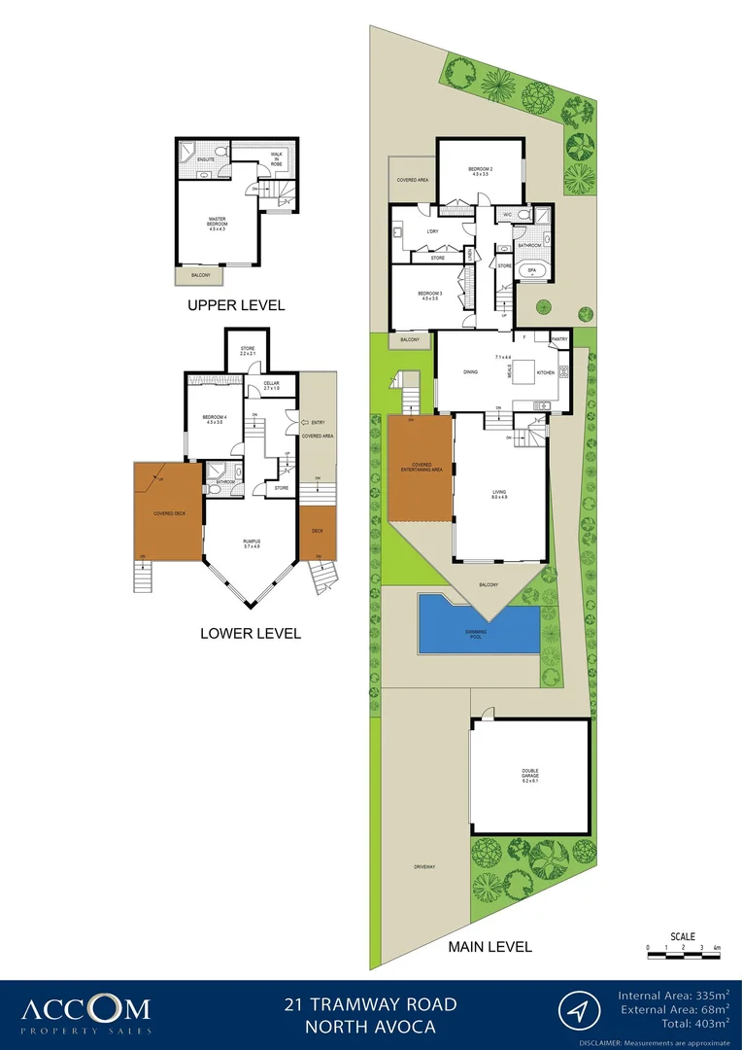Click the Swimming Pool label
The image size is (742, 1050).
point(475,635)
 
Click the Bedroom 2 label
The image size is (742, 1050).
point(482,172)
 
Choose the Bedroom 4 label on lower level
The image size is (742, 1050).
point(214,420)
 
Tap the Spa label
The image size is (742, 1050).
point(531,270)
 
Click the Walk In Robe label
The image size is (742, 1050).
point(276,158)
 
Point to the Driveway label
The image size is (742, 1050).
point(422,866)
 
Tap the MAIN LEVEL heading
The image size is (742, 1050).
point(489,946)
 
